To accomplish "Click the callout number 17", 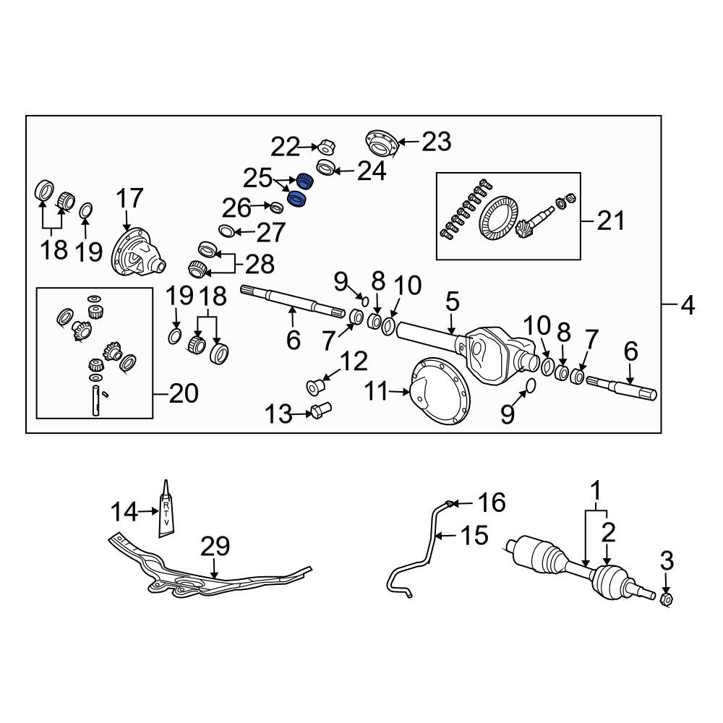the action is [129, 198].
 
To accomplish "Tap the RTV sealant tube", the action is [166, 509].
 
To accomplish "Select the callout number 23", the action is [436, 142].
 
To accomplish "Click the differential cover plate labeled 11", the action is [439, 391].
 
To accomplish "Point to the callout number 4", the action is [688, 305].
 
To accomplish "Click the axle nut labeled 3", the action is [666, 599].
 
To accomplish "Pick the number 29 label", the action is [215, 547].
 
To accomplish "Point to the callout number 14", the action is [124, 512].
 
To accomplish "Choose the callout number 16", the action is [492, 502].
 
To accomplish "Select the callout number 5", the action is [453, 301].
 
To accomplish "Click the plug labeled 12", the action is [316, 387].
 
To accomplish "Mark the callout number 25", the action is [258, 179].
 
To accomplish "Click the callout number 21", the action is [611, 221].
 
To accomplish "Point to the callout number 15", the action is [474, 535].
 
